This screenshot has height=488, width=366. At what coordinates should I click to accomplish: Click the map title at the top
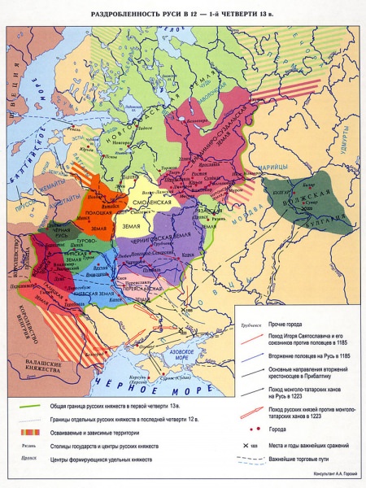[x=183, y=9]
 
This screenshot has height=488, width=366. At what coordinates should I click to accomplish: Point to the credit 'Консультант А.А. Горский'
[x=329, y=477]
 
